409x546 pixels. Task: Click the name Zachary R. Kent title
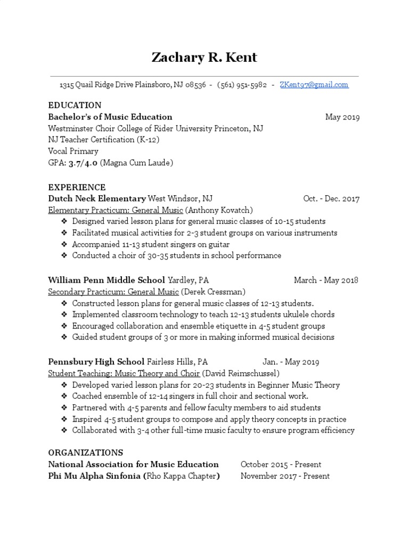(x=204, y=58)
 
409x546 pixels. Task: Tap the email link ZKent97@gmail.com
(x=314, y=85)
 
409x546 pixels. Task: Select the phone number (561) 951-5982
(x=242, y=85)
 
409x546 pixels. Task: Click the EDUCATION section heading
(x=75, y=105)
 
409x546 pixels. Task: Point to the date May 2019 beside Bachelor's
(x=342, y=117)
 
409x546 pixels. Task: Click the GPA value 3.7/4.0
(x=83, y=163)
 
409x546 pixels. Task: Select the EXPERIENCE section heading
(x=77, y=187)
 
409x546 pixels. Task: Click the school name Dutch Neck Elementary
(x=96, y=199)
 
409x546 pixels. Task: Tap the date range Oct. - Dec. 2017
(x=331, y=199)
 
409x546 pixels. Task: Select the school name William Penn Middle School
(x=107, y=280)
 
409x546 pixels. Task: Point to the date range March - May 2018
(x=326, y=280)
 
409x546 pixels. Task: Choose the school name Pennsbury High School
(x=96, y=362)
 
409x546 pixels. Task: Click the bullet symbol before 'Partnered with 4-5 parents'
(x=64, y=408)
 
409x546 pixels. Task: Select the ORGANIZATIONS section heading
(x=85, y=453)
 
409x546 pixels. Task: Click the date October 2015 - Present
(x=281, y=464)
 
